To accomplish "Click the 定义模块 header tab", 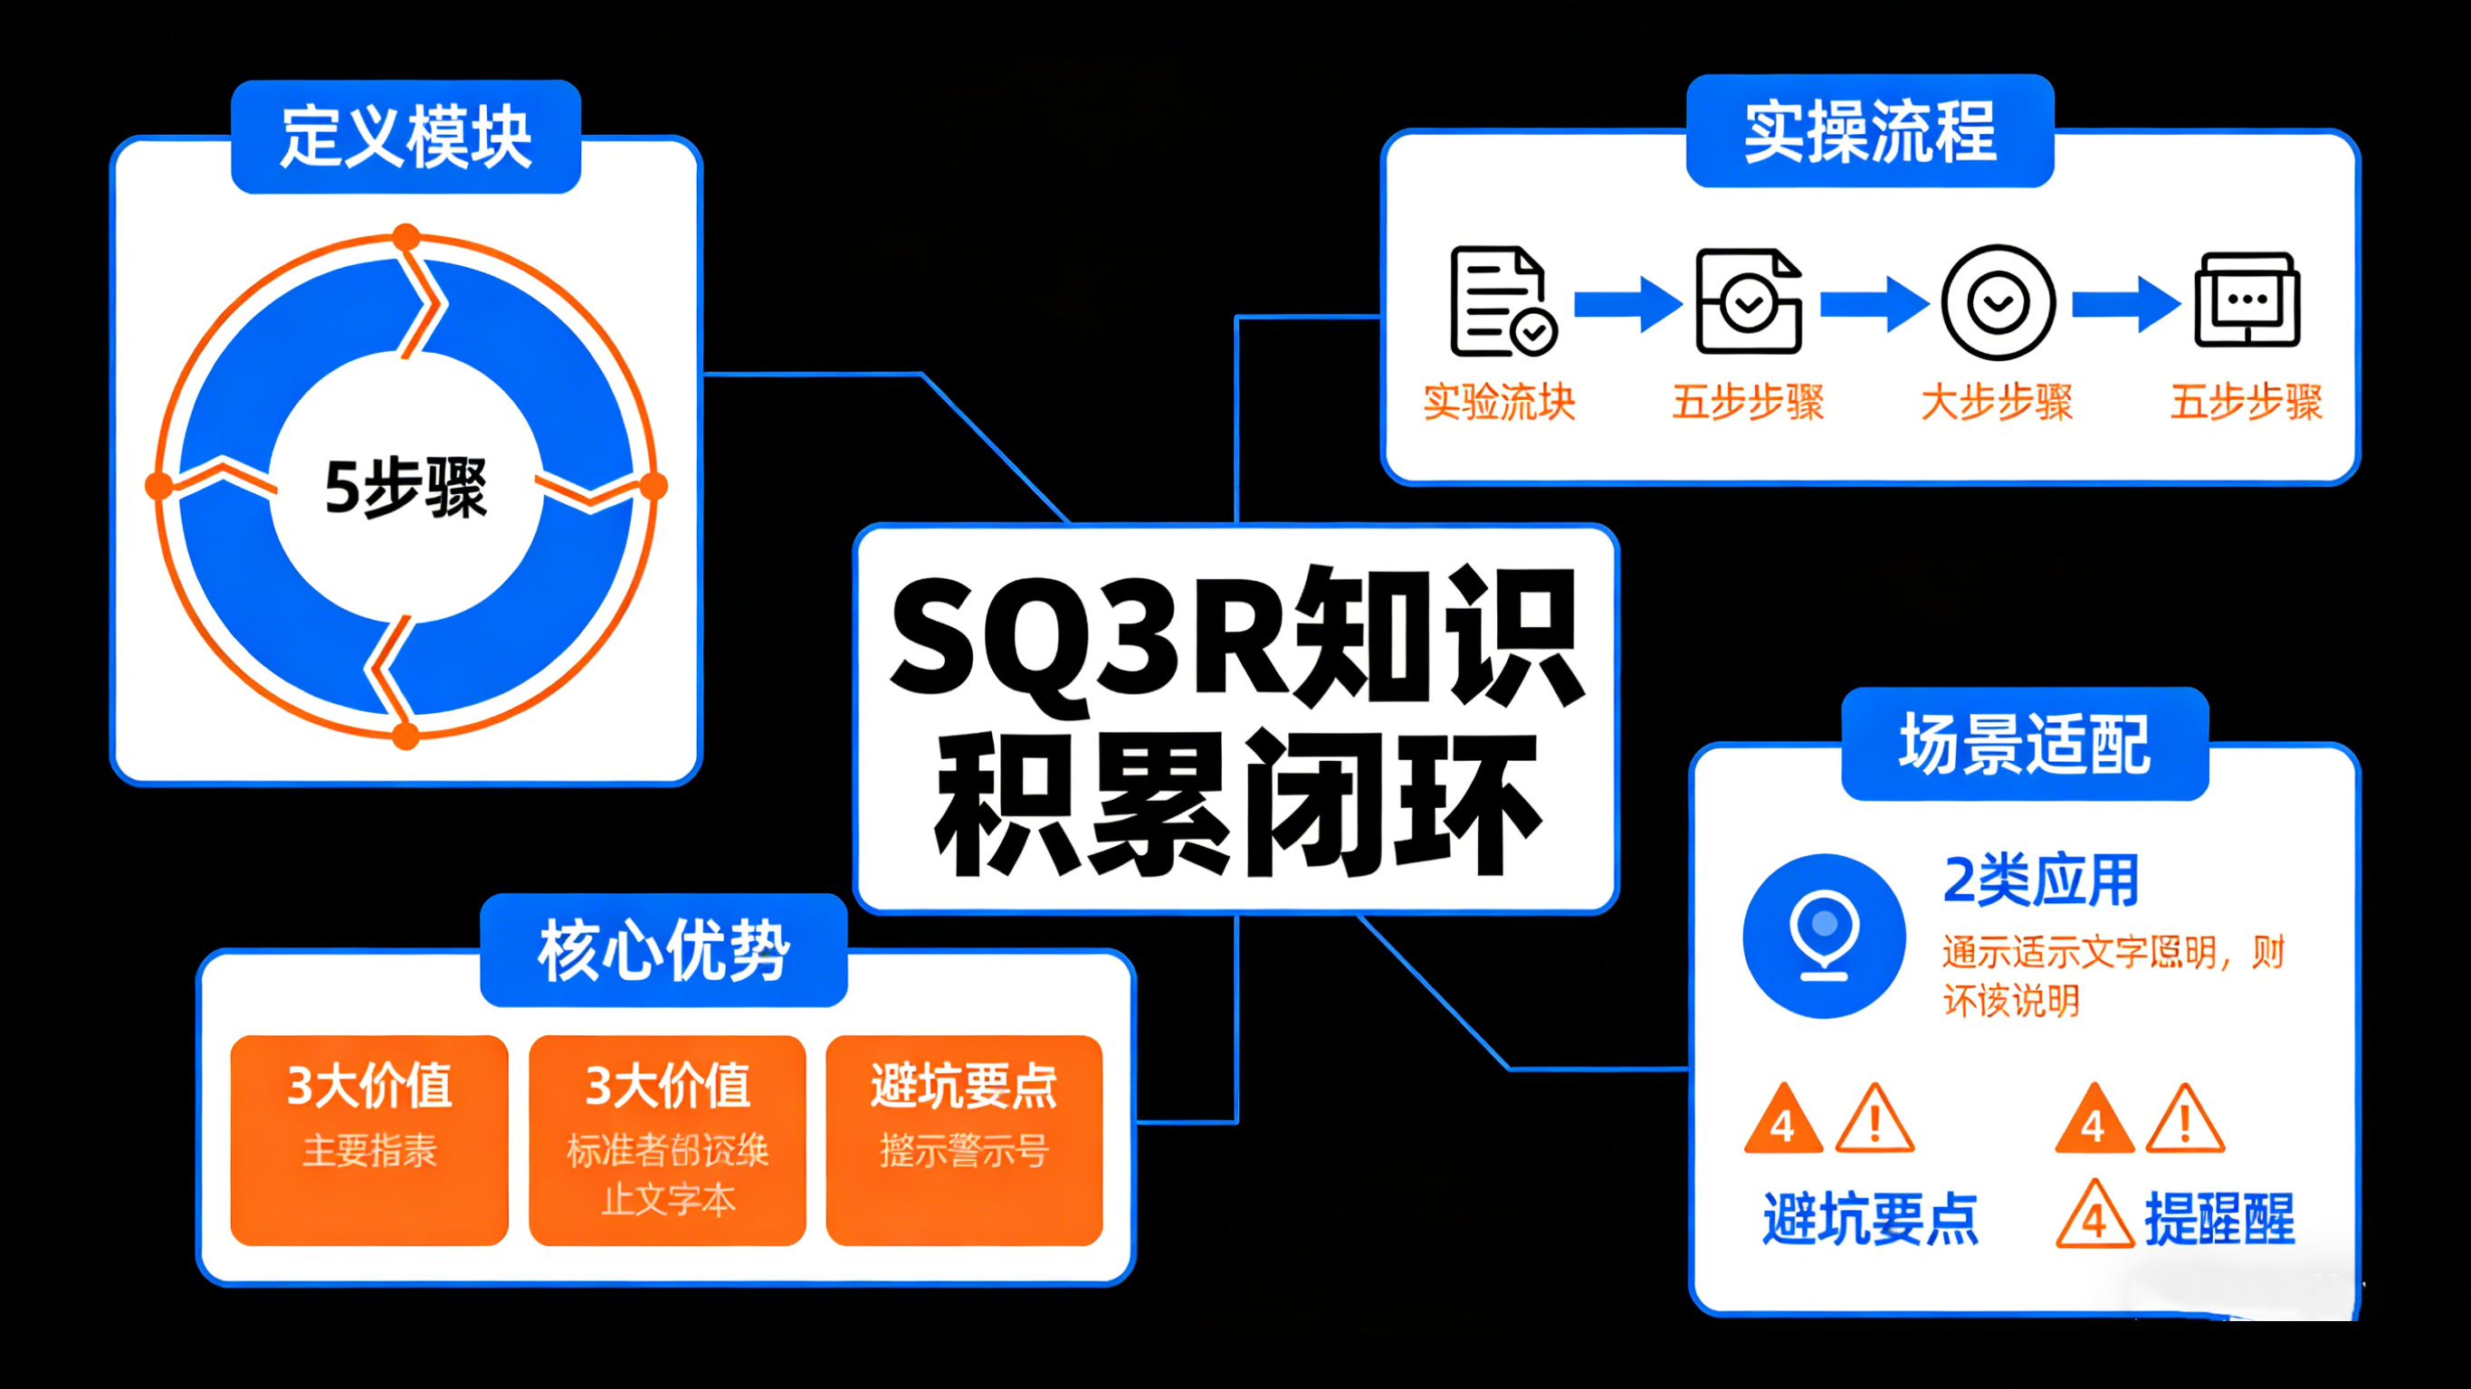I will (405, 138).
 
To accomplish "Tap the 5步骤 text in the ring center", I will (405, 488).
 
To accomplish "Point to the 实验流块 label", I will (1499, 402).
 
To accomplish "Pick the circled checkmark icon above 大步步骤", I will (1999, 303).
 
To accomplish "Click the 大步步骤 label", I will (1997, 402).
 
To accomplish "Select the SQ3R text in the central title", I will (1090, 638).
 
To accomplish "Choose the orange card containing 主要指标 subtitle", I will (369, 1139).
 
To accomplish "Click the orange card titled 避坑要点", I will (964, 1139).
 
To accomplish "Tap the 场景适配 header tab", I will (2025, 745).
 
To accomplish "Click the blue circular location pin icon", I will (1824, 936).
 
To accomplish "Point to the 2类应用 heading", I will (2040, 880).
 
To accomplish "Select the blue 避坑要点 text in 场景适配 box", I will (1871, 1219).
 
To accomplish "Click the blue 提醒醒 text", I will (2219, 1219).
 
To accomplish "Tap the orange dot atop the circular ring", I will (406, 237).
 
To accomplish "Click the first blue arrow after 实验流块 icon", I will (1627, 304).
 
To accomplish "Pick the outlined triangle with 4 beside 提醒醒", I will (2094, 1216).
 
